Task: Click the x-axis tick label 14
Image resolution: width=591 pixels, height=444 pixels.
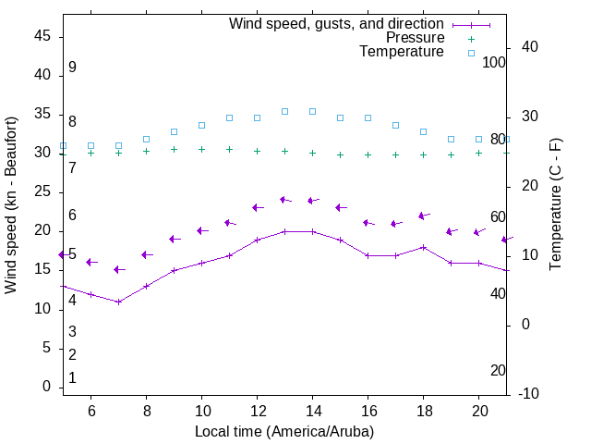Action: (312, 412)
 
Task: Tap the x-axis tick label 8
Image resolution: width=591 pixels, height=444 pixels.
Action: (146, 412)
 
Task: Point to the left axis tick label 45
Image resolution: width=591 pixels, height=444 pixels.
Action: (42, 36)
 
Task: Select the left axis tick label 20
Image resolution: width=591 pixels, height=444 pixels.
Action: (42, 230)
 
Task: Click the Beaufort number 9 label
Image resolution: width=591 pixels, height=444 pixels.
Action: (72, 68)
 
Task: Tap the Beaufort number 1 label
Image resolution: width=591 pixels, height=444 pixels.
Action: (72, 377)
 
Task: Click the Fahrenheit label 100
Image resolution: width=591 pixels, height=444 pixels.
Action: (495, 62)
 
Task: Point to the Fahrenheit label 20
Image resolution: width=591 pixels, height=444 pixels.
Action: (499, 370)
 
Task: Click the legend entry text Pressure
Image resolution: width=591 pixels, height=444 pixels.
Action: (415, 38)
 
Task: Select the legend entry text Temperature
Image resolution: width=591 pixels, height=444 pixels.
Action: (402, 52)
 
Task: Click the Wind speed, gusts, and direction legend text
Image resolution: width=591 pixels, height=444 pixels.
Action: (336, 24)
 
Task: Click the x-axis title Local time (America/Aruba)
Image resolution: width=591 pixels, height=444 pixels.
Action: (284, 431)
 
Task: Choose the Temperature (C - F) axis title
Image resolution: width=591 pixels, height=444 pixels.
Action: (556, 205)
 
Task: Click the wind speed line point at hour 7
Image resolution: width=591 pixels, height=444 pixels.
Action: (118, 302)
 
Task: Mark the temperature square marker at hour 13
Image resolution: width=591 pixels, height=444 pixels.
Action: (284, 111)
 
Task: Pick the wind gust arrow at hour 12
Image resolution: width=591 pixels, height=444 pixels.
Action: (258, 207)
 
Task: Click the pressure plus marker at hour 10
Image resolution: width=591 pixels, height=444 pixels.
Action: (201, 149)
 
